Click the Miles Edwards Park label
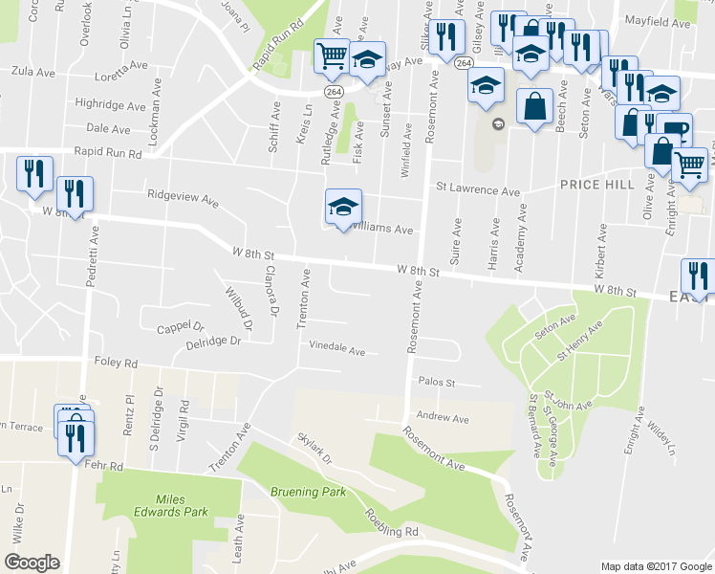(x=182, y=506)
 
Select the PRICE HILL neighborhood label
(x=593, y=184)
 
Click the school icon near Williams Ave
(x=344, y=206)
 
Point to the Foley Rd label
(x=117, y=364)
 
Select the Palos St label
(x=433, y=383)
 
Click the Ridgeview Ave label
(x=183, y=195)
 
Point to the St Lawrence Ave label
(x=478, y=188)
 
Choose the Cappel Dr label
(x=181, y=329)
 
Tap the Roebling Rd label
(x=391, y=521)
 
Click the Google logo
(x=32, y=562)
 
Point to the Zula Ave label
(x=32, y=72)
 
